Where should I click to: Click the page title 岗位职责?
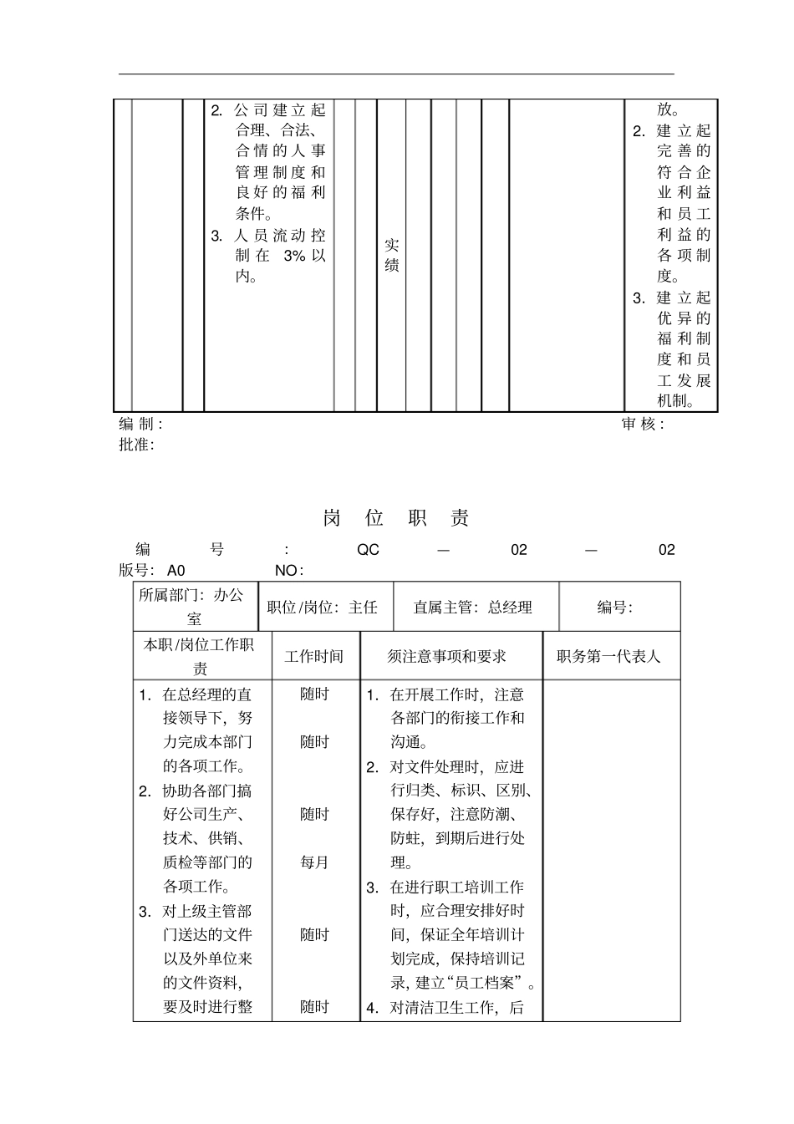396,518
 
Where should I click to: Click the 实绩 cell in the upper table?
391,255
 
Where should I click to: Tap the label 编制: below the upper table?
140,425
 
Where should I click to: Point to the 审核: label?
643,425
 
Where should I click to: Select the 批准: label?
136,445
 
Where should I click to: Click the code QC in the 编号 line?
368,550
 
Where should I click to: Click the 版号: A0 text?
152,571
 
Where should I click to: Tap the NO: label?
289,571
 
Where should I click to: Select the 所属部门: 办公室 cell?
195,607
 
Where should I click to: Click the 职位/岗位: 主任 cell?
323,608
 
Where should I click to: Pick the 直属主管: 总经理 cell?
473,608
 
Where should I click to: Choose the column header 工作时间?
314,657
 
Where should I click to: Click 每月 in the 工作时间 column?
314,862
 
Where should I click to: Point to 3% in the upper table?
294,256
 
